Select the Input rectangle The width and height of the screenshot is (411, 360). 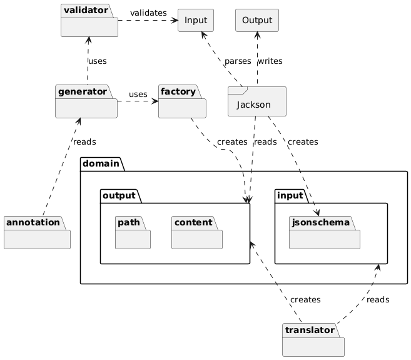point(195,21)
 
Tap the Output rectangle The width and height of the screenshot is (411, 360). point(256,21)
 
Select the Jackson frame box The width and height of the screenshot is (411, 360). point(257,101)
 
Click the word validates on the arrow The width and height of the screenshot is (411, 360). point(148,13)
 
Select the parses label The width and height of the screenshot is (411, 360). point(238,61)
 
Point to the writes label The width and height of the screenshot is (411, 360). point(270,61)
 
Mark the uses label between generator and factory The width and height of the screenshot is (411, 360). point(138,95)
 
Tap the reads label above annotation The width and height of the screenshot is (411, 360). point(84,142)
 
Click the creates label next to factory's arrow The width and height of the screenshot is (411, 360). point(232,142)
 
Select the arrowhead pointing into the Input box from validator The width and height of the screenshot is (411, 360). point(175,21)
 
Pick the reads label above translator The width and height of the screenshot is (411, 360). point(378,300)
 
